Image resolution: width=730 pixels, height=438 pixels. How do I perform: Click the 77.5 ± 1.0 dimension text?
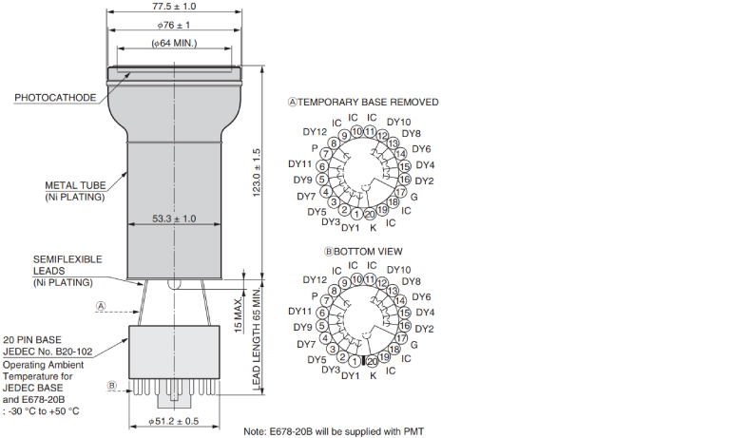pyautogui.click(x=174, y=7)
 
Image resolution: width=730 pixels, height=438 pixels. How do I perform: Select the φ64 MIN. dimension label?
pyautogui.click(x=174, y=43)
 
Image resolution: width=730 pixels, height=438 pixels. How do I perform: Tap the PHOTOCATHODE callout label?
pyautogui.click(x=55, y=98)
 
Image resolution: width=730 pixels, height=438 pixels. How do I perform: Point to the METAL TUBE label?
pyautogui.click(x=75, y=185)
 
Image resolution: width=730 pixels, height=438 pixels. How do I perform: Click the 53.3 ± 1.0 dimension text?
pyautogui.click(x=174, y=219)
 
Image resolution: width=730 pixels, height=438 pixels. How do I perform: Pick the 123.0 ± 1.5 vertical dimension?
pyautogui.click(x=257, y=173)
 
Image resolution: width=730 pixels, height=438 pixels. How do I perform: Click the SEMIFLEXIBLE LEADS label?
pyautogui.click(x=67, y=265)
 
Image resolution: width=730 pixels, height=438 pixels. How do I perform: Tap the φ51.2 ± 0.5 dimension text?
pyautogui.click(x=174, y=421)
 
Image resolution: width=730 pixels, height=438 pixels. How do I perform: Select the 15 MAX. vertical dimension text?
pyautogui.click(x=239, y=315)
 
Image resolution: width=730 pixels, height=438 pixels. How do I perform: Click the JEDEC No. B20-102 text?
pyautogui.click(x=48, y=352)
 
